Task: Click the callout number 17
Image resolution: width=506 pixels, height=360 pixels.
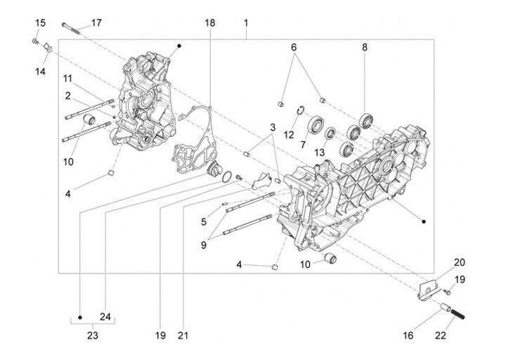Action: [x=96, y=22]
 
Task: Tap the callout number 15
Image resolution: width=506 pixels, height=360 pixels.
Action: [x=41, y=23]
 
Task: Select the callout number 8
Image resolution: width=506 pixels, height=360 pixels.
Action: [x=365, y=48]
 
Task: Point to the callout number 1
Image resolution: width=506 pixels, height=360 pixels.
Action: [x=247, y=23]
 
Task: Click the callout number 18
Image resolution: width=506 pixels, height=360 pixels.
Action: [x=209, y=23]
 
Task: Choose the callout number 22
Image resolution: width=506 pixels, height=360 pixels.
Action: [x=441, y=335]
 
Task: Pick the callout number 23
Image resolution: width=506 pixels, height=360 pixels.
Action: [x=93, y=335]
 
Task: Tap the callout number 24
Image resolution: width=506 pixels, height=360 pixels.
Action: [x=106, y=316]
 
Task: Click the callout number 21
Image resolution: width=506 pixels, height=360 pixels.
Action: [x=183, y=335]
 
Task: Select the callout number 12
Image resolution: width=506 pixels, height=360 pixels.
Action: [x=288, y=134]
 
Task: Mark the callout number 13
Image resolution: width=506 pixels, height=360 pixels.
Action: [x=319, y=153]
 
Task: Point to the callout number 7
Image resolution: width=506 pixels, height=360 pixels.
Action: [x=304, y=144]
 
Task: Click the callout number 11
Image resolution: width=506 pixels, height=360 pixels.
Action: [x=68, y=77]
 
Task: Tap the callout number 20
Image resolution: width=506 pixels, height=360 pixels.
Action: [x=459, y=262]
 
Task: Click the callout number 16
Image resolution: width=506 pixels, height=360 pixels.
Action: [x=408, y=335]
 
